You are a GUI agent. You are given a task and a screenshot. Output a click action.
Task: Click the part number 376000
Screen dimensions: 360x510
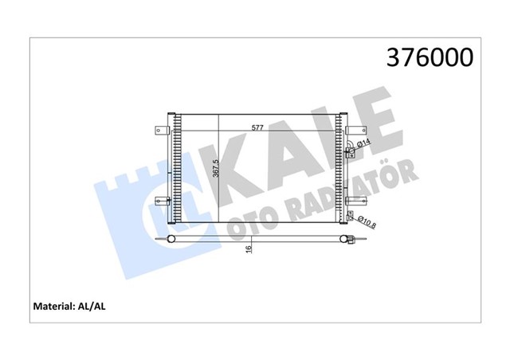430,58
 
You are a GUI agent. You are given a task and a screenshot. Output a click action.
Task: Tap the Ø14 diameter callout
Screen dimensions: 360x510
360,144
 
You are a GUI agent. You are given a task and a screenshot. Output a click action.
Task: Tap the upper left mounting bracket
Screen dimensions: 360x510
162,127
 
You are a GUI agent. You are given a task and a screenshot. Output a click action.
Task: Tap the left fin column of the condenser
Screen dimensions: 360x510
176,171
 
